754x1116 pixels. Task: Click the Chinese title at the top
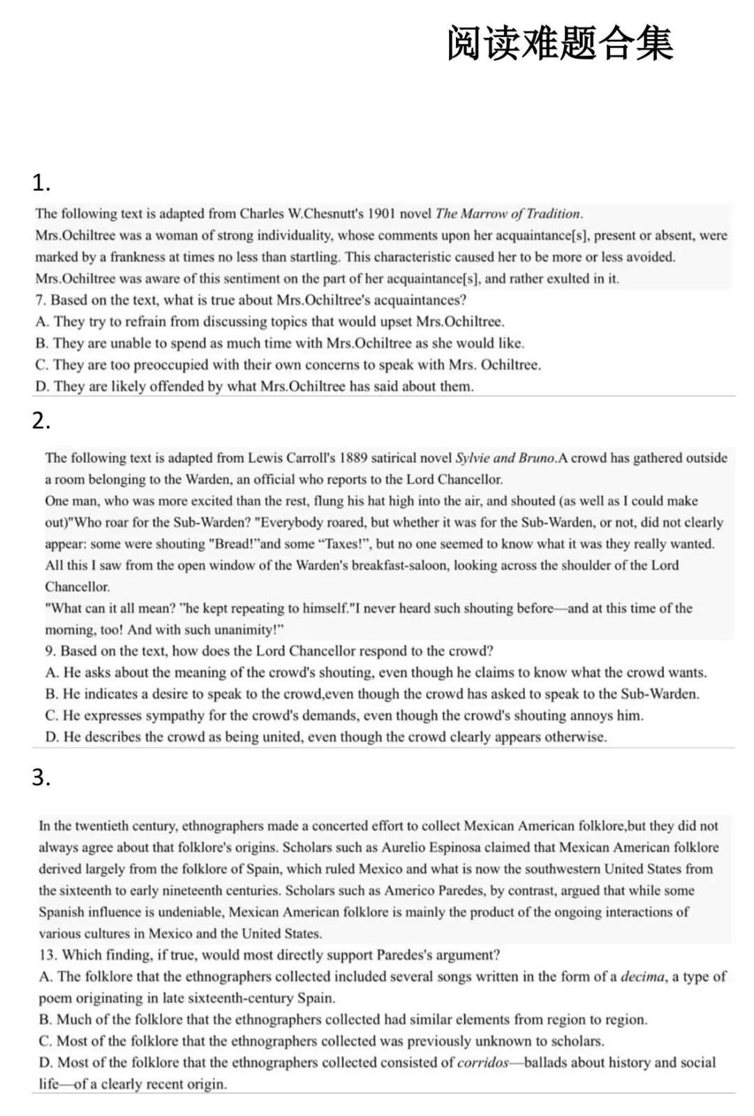560,43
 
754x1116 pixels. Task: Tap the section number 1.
41,183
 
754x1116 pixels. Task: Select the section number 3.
41,777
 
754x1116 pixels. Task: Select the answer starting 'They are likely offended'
255,386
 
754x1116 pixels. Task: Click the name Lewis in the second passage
267,458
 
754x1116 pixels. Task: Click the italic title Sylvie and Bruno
505,458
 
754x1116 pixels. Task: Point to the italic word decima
642,976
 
